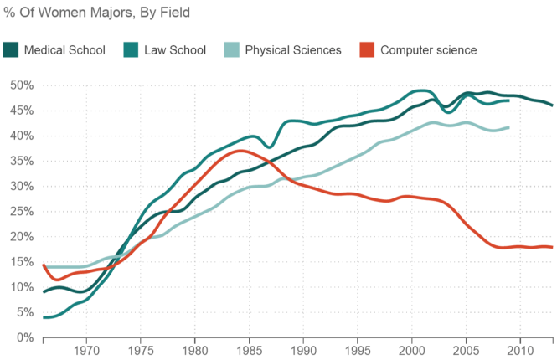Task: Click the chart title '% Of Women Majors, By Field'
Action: pos(97,13)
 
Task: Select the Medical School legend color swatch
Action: pos(11,50)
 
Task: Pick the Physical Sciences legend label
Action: pos(293,50)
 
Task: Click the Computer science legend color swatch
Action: pos(366,50)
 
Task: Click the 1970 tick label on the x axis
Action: pos(86,350)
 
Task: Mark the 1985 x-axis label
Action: pos(249,350)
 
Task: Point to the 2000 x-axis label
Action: pos(411,350)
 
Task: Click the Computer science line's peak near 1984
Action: pos(240,151)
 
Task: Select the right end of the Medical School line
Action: pos(552,105)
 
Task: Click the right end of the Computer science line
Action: pos(552,247)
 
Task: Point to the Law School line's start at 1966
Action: pos(44,317)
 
